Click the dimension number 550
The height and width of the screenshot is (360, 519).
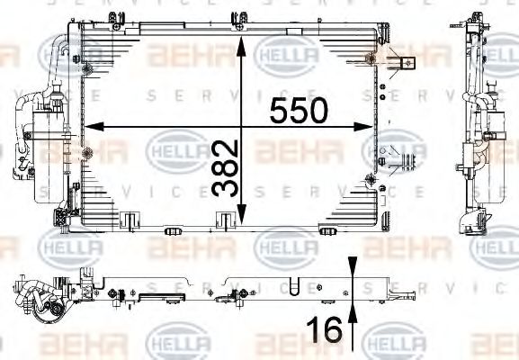tap(299, 111)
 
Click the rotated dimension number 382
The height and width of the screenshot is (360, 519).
tap(225, 168)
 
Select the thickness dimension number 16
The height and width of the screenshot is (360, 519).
tap(325, 329)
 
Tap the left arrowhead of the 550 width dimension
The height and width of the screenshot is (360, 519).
tap(94, 127)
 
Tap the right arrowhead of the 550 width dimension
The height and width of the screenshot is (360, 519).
tap(363, 127)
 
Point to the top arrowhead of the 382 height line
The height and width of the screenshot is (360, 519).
tap(241, 47)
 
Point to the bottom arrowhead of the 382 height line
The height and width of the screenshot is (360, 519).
tap(242, 214)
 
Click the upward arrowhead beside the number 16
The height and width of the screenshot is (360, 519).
tap(353, 313)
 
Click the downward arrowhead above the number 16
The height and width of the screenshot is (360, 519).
tap(353, 265)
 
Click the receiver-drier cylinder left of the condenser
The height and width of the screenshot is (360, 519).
tap(49, 156)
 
